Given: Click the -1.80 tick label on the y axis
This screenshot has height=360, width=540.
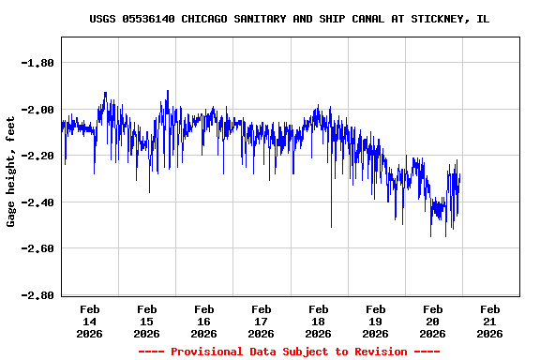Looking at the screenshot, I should pyautogui.click(x=37, y=63).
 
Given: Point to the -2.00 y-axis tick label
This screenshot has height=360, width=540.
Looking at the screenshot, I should pyautogui.click(x=37, y=110).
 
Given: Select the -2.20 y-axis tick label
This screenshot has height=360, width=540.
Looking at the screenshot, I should pyautogui.click(x=37, y=156).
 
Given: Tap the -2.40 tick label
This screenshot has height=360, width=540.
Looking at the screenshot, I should pyautogui.click(x=37, y=202).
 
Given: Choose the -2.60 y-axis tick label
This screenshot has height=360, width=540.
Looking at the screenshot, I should pyautogui.click(x=37, y=248).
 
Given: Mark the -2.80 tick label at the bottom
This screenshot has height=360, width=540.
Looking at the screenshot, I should pyautogui.click(x=37, y=295).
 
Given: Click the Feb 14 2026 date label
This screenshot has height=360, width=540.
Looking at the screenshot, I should pyautogui.click(x=90, y=321).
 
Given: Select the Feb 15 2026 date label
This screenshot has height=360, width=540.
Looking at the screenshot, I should pyautogui.click(x=147, y=321).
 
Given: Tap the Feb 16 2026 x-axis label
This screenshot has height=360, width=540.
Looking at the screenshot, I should pyautogui.click(x=204, y=321).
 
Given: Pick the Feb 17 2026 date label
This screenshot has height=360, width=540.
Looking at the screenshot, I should pyautogui.click(x=262, y=321).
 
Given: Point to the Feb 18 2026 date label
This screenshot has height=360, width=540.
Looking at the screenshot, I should pyautogui.click(x=319, y=321).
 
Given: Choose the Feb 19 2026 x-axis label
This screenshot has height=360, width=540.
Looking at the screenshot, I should pyautogui.click(x=376, y=321).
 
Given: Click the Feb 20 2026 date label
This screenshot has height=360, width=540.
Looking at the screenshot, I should pyautogui.click(x=433, y=321).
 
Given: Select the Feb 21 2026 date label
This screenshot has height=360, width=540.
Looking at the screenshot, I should pyautogui.click(x=490, y=321).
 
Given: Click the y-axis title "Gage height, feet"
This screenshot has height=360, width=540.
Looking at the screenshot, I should pyautogui.click(x=11, y=172).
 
